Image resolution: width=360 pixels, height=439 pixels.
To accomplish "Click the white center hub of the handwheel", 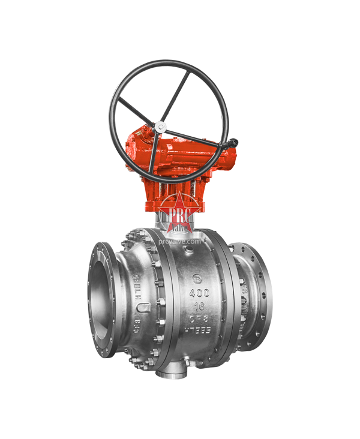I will tap(160, 127).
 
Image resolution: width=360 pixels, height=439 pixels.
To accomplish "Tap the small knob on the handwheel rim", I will tap(235, 142).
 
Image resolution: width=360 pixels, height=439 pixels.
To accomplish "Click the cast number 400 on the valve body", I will tap(199, 293).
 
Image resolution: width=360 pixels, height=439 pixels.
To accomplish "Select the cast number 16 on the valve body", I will tap(199, 305).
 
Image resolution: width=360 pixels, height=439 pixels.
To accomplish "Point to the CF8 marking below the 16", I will tap(199, 318).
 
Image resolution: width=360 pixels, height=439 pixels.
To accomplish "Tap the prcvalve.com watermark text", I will tap(180, 241).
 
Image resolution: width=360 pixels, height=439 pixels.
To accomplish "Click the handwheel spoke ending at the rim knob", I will tap(198, 135).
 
